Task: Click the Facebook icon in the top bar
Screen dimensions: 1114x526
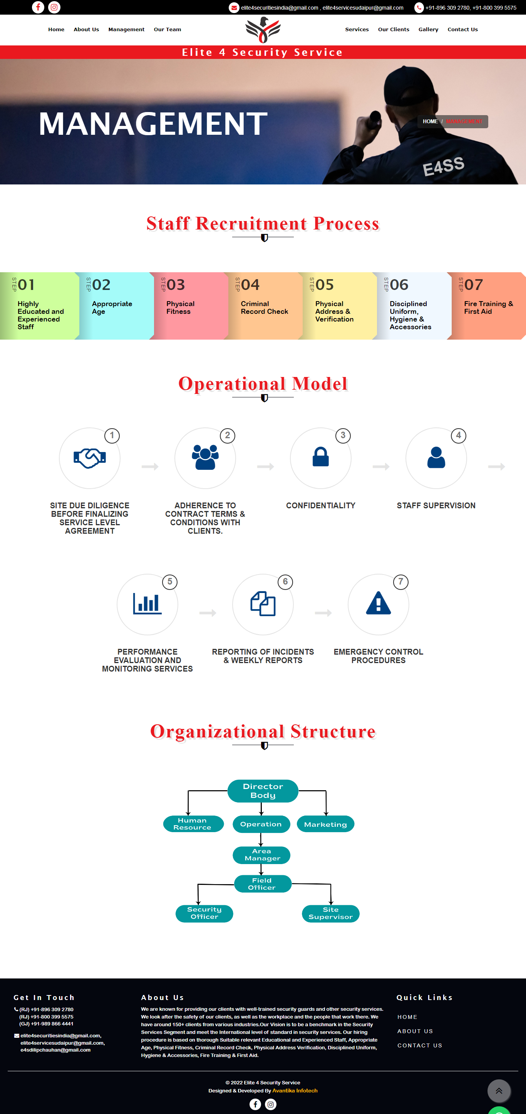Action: click(38, 7)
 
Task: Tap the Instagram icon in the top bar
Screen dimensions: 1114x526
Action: click(54, 7)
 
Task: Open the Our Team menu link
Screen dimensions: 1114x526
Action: click(168, 29)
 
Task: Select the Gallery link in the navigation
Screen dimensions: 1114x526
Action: click(428, 29)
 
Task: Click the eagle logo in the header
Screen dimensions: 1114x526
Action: click(263, 30)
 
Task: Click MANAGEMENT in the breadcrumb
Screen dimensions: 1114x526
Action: click(464, 122)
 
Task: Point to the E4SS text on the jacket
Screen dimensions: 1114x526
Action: click(443, 166)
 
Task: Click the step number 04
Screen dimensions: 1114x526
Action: click(250, 285)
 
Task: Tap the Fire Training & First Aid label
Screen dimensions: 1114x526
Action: click(488, 307)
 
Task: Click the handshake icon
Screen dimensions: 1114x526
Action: click(90, 457)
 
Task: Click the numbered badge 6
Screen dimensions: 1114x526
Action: click(285, 582)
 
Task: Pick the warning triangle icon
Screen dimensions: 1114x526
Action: click(379, 603)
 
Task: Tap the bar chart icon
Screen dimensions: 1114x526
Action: click(147, 603)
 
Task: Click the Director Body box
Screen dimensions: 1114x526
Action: click(263, 791)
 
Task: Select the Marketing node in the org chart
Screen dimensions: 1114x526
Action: click(325, 824)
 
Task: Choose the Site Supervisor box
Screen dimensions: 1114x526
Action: click(330, 913)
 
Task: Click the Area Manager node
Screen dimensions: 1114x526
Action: click(262, 854)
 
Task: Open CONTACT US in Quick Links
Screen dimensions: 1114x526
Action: click(420, 1045)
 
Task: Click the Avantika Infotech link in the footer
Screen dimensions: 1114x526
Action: click(295, 1090)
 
